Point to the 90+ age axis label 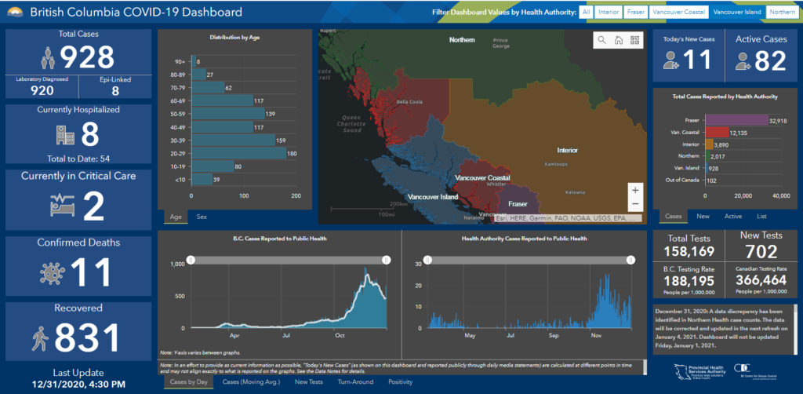click(180, 61)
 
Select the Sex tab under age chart click(202, 216)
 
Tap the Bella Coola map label click(409, 102)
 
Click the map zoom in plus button click(635, 190)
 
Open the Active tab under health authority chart click(733, 216)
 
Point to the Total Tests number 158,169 click(690, 251)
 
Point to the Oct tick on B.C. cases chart click(340, 335)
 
